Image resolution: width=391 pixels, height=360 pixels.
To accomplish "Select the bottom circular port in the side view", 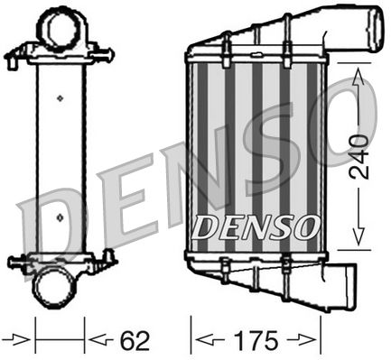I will (60, 288).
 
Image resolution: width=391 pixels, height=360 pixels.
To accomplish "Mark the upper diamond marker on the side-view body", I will (60, 97).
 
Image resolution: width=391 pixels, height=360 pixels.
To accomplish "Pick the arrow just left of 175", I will (209, 341).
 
